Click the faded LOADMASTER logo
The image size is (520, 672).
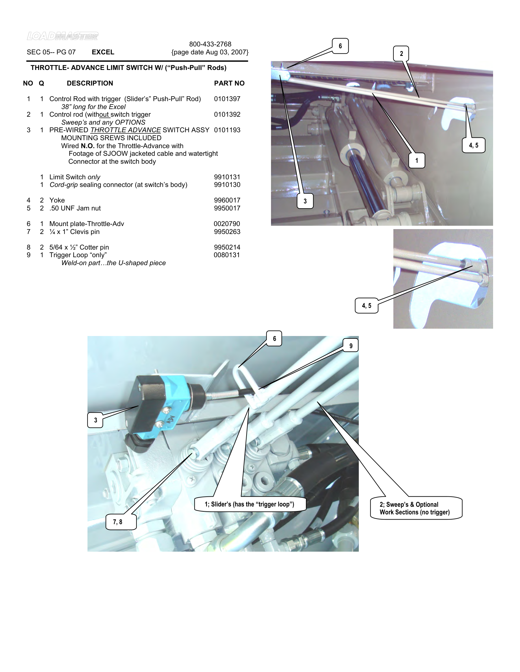(x=62, y=36)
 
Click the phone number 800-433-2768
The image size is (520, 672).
(x=210, y=44)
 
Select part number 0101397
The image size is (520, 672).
(x=227, y=99)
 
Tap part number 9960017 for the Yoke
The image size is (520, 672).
(x=227, y=200)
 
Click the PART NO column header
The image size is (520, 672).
(x=229, y=83)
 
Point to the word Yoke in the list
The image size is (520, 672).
(x=57, y=200)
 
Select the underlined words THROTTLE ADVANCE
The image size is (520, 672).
(x=125, y=130)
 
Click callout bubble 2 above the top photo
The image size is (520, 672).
(x=401, y=53)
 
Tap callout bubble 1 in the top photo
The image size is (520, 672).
(x=417, y=160)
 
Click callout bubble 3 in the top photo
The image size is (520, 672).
(x=305, y=201)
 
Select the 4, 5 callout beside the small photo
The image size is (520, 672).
(x=366, y=305)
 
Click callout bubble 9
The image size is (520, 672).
(x=351, y=346)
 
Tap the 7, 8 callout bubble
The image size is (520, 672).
(x=118, y=522)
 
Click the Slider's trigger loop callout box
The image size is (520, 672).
(x=250, y=504)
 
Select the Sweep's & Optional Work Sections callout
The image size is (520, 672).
(x=416, y=508)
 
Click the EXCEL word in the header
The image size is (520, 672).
(x=103, y=52)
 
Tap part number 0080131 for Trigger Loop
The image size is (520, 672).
(x=227, y=255)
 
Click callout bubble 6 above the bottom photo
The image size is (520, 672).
(x=274, y=338)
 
